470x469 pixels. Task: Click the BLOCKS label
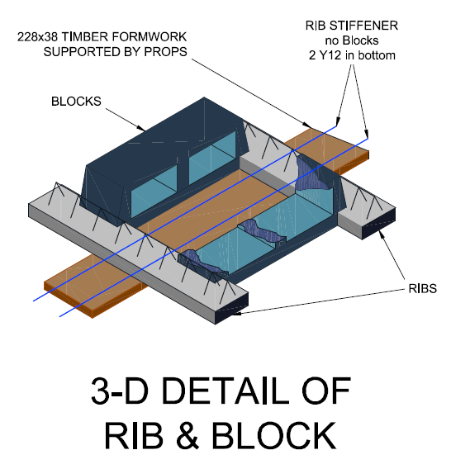(76, 102)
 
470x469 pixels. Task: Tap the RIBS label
(423, 288)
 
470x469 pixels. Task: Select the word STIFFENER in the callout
(364, 26)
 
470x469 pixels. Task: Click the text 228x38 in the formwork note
(37, 37)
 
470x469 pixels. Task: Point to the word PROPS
(165, 52)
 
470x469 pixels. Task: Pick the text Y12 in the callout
(330, 55)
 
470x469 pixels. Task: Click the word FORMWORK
(149, 37)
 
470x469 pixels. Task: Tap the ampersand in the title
(188, 435)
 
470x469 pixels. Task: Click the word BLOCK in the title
(274, 435)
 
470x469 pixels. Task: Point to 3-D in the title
(120, 391)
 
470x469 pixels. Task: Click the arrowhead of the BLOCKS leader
(141, 128)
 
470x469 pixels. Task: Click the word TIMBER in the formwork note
(84, 37)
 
